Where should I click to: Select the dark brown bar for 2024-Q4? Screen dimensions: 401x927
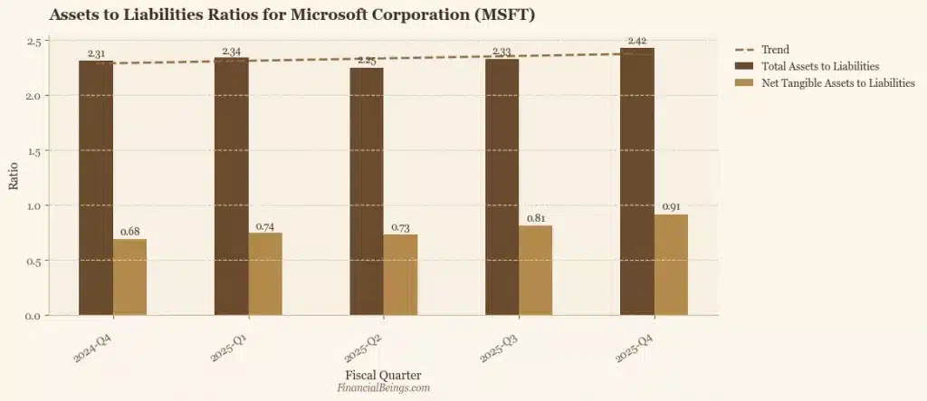coord(96,188)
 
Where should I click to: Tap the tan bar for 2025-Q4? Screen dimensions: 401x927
coord(671,264)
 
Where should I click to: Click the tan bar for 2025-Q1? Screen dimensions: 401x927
coord(265,273)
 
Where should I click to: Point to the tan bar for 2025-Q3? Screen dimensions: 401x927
coord(536,270)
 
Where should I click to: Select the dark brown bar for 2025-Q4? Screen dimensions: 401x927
coord(637,181)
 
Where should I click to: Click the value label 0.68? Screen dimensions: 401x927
coord(130,232)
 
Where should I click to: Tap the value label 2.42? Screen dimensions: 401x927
coord(637,41)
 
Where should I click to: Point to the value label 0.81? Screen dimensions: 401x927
coord(536,218)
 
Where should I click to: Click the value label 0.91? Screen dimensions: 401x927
coord(671,207)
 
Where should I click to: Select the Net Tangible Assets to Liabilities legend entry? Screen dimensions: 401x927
coord(824,82)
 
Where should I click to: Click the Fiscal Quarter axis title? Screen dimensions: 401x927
coord(383,374)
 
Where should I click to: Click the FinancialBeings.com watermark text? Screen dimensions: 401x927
coord(383,387)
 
